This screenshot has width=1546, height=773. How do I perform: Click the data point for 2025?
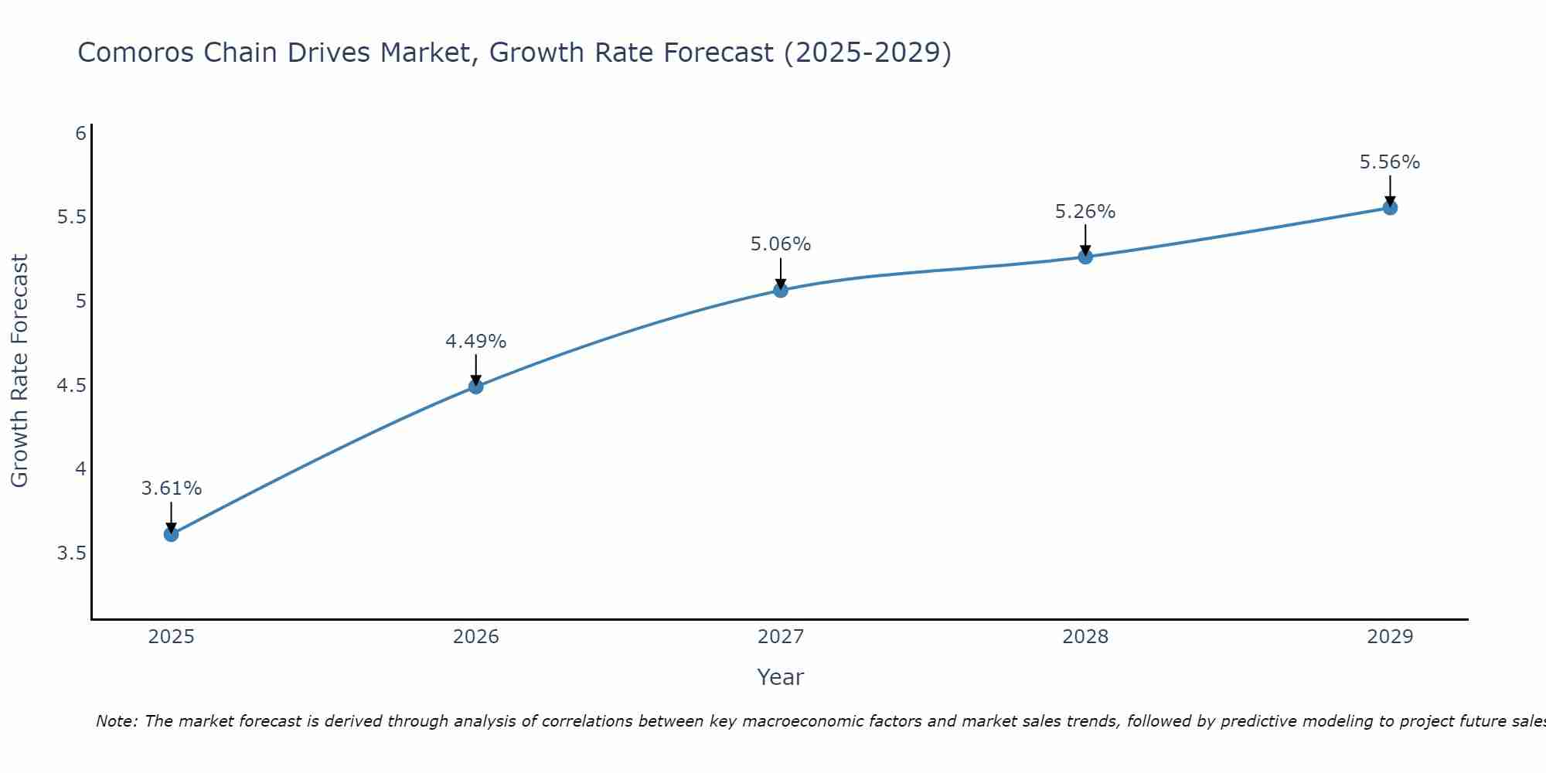coord(172,534)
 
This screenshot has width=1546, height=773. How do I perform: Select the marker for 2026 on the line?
coord(476,386)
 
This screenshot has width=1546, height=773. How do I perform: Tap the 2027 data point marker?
coord(781,291)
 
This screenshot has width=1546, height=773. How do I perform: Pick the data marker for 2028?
coord(1085,257)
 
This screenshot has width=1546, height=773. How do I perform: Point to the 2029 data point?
coord(1390,207)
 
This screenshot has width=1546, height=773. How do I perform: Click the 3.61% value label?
coord(172,489)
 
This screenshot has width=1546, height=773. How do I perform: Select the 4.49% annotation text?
coord(476,342)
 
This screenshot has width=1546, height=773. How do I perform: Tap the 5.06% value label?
coord(781,244)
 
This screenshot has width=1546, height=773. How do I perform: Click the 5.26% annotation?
coord(1085,212)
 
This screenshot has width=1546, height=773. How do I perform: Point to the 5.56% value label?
coord(1390,162)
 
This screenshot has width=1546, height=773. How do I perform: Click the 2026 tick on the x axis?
coord(476,637)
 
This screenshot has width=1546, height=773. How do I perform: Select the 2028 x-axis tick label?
coord(1085,637)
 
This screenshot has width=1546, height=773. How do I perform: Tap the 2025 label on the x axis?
coord(172,637)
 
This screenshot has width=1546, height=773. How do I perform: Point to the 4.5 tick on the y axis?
coord(72,385)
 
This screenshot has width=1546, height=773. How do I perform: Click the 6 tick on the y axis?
coord(80,134)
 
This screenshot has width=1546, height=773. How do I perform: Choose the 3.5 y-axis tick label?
coord(72,553)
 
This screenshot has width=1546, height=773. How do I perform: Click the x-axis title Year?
coord(781,677)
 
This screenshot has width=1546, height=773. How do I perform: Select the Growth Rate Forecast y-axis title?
coord(19,371)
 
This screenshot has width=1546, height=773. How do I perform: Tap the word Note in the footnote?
coord(116,721)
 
